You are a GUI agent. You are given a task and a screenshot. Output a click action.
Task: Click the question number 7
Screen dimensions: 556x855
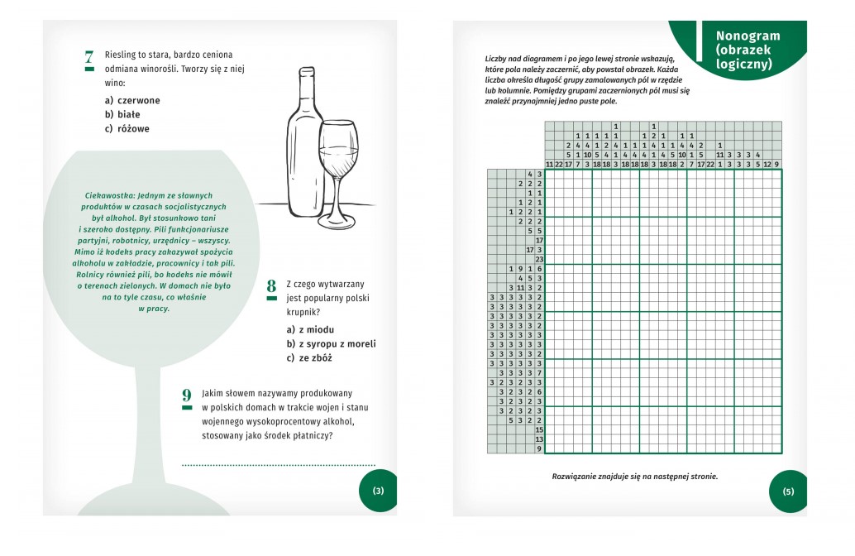(x=89, y=58)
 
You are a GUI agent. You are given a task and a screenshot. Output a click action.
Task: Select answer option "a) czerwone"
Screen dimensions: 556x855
(x=132, y=100)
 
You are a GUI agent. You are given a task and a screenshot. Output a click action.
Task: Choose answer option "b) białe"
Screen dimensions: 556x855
(x=122, y=114)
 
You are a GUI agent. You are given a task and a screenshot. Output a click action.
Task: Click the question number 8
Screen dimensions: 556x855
(x=271, y=287)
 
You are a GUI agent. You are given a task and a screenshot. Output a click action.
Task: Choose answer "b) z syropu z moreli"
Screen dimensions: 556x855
(x=331, y=343)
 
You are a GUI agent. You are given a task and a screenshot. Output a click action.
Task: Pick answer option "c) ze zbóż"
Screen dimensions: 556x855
(x=309, y=357)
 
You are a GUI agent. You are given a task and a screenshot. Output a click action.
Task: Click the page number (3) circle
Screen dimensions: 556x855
(x=378, y=491)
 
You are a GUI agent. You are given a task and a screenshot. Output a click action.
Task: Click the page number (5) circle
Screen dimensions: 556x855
(x=788, y=491)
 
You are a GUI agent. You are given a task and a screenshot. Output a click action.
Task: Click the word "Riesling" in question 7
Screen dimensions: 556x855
(x=122, y=55)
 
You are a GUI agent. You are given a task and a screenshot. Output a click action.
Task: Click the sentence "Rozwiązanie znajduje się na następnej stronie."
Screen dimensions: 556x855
(x=634, y=476)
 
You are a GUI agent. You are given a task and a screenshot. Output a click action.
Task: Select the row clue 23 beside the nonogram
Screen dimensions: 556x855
(x=538, y=259)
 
